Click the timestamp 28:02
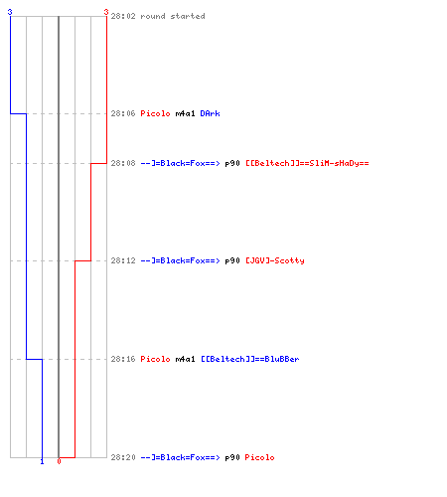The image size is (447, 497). (123, 16)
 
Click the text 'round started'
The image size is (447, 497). (173, 16)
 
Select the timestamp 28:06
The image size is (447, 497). (123, 113)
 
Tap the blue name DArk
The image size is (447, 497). (210, 113)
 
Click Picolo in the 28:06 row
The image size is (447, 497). (155, 113)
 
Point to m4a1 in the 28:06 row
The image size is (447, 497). (185, 113)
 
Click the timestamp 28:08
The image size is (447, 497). (123, 163)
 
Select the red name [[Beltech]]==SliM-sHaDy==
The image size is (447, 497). (307, 163)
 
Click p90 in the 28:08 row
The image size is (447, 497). (232, 163)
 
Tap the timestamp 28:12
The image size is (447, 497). (123, 260)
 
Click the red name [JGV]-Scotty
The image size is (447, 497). (275, 260)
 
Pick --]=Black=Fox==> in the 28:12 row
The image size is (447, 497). (180, 260)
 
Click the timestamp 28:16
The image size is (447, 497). (123, 359)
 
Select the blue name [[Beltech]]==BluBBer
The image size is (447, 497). (250, 359)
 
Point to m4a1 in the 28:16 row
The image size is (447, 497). (185, 359)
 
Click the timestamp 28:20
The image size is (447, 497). (123, 457)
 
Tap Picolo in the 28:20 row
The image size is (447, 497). (259, 457)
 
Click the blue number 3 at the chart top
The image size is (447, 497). (10, 12)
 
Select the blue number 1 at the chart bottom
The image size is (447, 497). (42, 461)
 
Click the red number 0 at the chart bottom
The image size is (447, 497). (59, 461)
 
